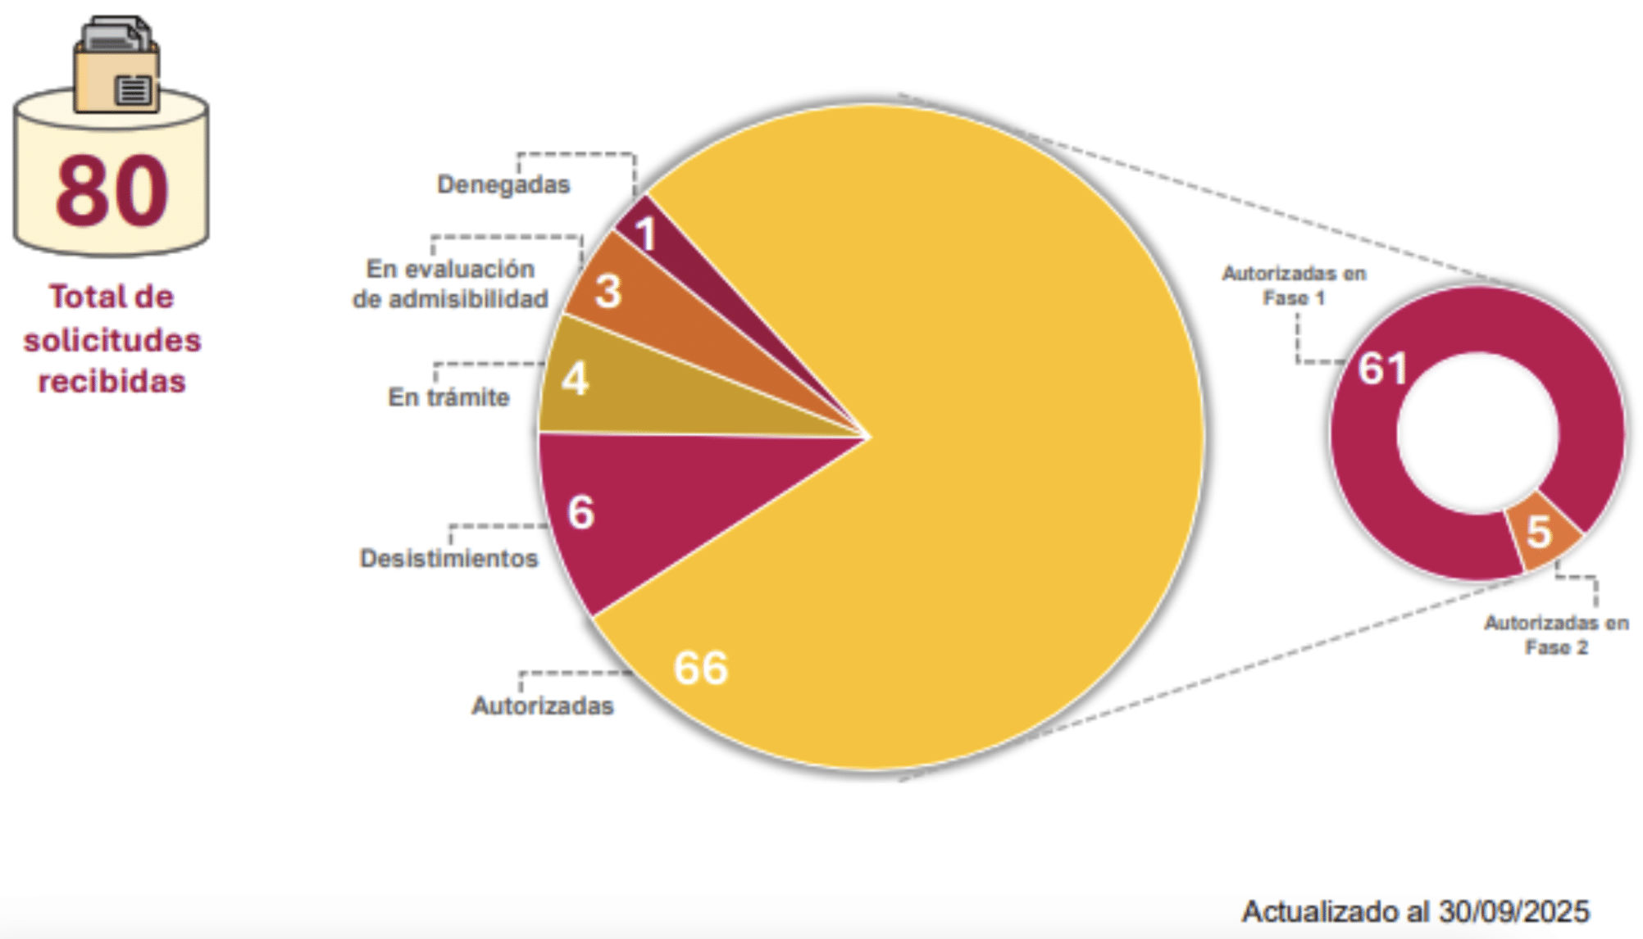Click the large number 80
(x=112, y=192)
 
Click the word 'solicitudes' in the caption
(x=112, y=340)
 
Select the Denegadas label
(x=503, y=184)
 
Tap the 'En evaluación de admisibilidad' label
(x=450, y=284)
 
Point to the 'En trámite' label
(x=448, y=397)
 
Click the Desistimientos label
(x=448, y=559)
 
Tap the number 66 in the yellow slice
(x=701, y=668)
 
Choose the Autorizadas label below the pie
(x=543, y=705)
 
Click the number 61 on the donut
(x=1383, y=369)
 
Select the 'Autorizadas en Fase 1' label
(x=1294, y=285)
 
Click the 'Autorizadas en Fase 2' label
(x=1556, y=635)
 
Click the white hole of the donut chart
(x=1477, y=433)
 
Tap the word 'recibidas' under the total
(x=112, y=382)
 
